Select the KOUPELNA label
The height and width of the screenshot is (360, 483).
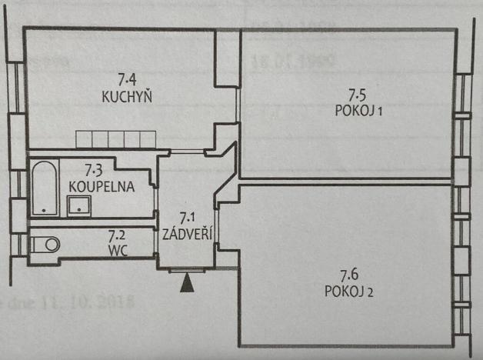pos(102,186)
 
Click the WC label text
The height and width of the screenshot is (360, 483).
pos(117,250)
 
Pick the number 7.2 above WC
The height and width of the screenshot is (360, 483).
pos(117,236)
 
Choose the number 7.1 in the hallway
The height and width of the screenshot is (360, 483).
pos(188,218)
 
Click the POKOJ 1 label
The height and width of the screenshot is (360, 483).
pos(359,112)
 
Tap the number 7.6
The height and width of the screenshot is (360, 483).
pos(351,275)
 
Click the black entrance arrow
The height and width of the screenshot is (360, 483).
pos(186,284)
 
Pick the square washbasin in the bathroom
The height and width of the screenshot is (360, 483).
pos(78,205)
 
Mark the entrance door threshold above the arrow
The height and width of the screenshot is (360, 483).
pos(187,270)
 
